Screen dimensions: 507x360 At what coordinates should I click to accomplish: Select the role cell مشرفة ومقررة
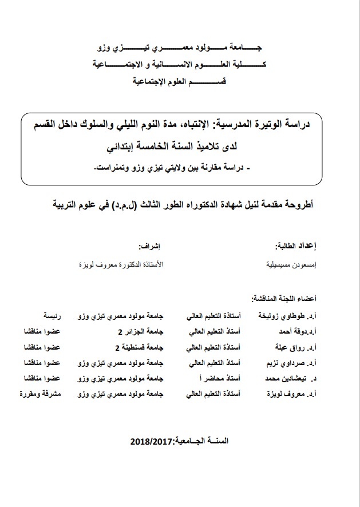(x=42, y=394)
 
